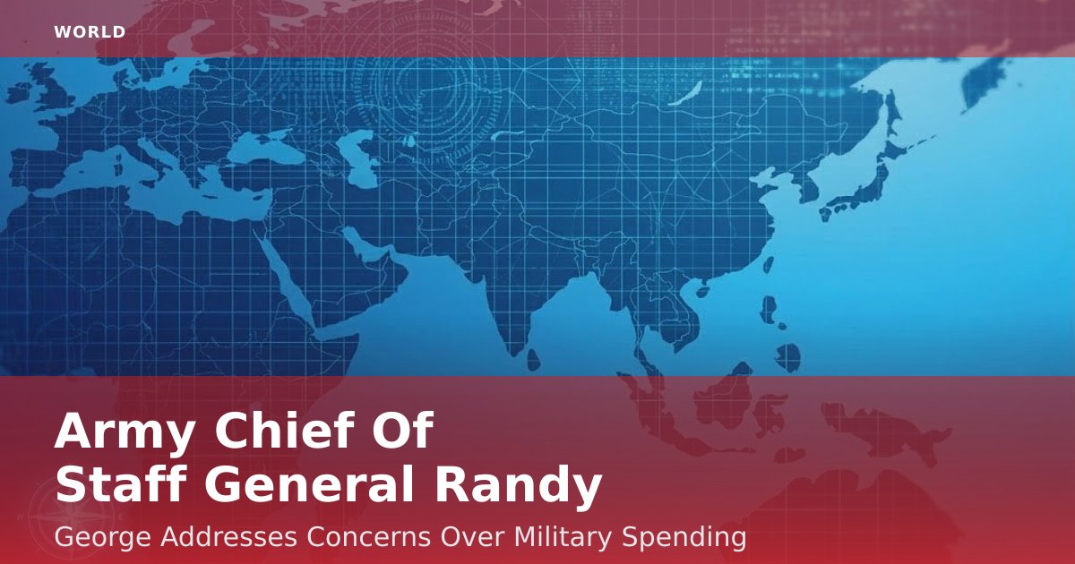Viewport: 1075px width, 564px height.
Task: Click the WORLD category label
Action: click(90, 32)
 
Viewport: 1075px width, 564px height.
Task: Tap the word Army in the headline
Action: click(125, 432)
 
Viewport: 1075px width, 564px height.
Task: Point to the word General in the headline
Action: click(310, 484)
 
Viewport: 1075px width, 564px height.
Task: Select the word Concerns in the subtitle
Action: click(368, 536)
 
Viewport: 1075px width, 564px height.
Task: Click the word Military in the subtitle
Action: click(563, 538)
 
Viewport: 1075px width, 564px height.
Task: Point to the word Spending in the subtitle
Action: click(684, 538)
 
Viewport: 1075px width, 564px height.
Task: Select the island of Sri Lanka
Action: click(534, 360)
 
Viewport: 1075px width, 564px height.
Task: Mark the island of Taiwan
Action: click(768, 265)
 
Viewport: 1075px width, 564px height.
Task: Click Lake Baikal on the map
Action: click(686, 93)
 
